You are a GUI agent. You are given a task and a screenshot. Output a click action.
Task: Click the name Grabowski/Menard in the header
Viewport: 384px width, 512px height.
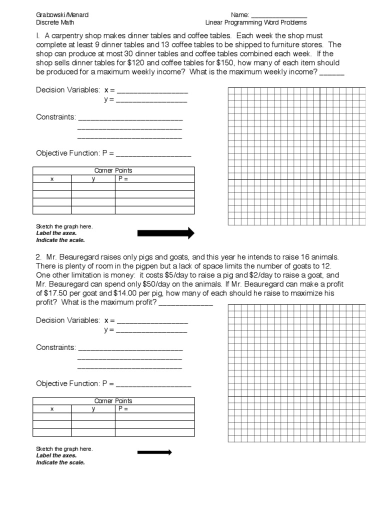pos(58,15)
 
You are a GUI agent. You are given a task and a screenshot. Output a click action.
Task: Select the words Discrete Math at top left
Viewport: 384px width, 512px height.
pos(55,22)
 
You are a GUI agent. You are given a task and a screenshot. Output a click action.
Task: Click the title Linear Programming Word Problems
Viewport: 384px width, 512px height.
pos(256,22)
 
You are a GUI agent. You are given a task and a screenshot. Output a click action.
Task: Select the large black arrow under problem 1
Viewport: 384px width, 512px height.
pos(165,232)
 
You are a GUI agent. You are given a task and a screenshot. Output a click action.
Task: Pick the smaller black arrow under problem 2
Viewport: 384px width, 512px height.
pos(154,452)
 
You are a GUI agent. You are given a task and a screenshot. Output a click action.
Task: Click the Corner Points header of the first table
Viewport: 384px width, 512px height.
pos(113,170)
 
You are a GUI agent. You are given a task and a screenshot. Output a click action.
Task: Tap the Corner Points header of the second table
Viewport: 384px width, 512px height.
pos(113,401)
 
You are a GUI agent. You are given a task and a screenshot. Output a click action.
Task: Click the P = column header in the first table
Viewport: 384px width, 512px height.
pos(123,178)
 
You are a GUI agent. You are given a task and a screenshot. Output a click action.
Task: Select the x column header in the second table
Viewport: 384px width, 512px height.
pos(51,409)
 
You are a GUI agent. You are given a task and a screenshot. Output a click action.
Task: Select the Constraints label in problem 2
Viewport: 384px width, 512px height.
pos(56,347)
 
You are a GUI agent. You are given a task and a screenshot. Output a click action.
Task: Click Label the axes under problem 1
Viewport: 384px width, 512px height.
pos(56,233)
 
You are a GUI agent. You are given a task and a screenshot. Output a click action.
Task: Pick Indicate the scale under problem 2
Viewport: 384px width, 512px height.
pos(60,462)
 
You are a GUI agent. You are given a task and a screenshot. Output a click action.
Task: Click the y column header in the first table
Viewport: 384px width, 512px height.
pos(93,179)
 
